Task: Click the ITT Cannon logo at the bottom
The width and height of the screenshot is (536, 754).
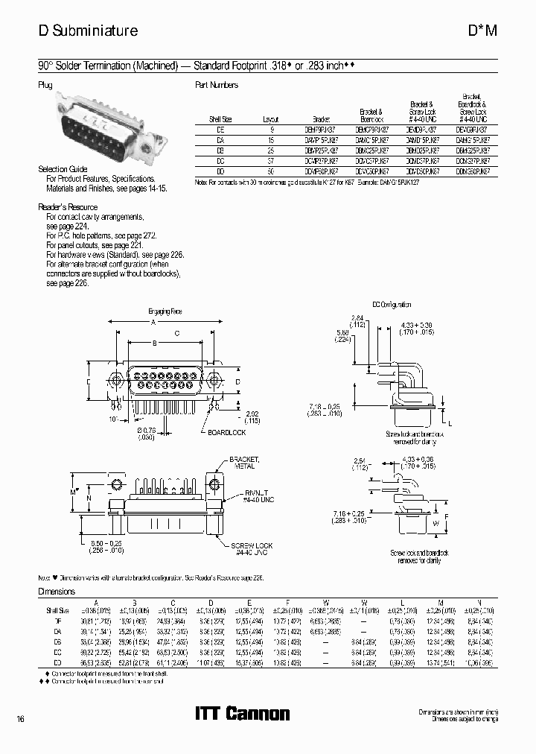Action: pos(242,714)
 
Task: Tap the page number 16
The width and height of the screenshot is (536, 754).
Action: pos(20,718)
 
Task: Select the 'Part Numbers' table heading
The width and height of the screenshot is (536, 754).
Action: pos(216,85)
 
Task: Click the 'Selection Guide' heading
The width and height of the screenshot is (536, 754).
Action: pos(63,170)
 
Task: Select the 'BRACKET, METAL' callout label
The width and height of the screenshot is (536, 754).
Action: pos(243,463)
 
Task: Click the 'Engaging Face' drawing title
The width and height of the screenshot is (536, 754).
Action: pos(165,311)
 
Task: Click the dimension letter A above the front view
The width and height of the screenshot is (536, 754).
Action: pos(153,323)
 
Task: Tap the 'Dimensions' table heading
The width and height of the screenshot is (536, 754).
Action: pos(57,591)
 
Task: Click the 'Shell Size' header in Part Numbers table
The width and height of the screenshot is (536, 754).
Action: pos(220,119)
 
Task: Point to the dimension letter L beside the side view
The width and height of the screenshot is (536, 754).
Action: pos(450,422)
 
